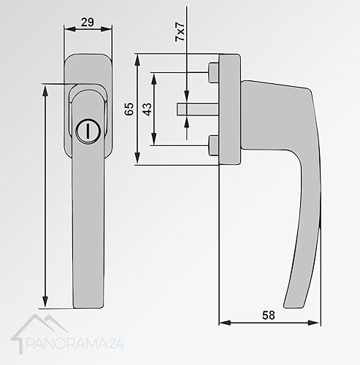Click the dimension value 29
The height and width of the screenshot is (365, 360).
88,23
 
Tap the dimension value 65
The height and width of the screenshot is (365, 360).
129,109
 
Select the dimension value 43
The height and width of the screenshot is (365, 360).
147,109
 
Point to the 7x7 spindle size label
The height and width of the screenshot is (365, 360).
180,31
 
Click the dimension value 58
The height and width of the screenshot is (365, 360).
269,315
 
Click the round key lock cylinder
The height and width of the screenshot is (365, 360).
88,131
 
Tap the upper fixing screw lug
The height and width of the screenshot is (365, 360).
213,72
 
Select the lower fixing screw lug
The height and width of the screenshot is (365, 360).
213,145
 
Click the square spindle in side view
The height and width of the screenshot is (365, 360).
197,109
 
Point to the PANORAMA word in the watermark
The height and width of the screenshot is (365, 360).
66,345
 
